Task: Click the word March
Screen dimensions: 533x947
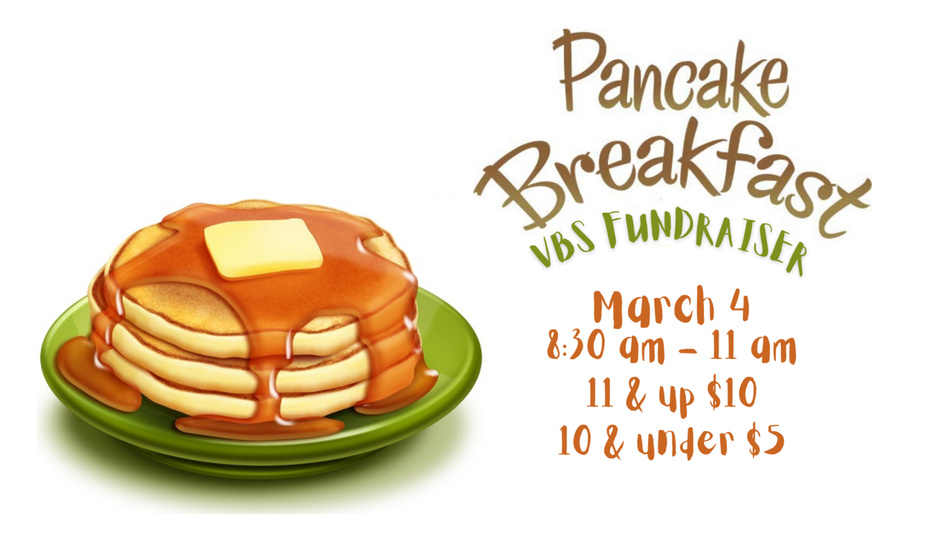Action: click(x=649, y=307)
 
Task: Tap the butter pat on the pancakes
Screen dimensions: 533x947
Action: click(x=262, y=247)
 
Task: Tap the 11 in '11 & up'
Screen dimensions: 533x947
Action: click(x=598, y=394)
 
